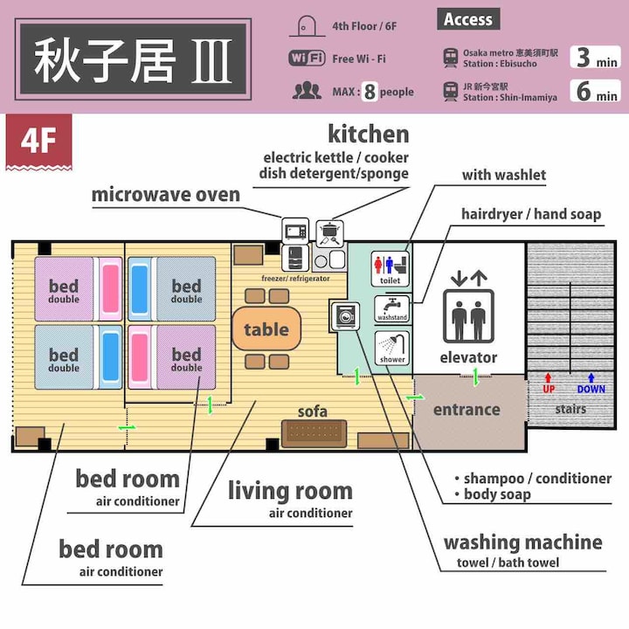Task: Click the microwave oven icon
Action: [295, 231]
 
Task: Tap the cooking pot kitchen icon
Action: [329, 233]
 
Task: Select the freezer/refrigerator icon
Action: [295, 258]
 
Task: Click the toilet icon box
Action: [390, 268]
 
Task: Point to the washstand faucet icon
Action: [391, 308]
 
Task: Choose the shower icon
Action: [392, 348]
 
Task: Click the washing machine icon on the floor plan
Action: [345, 315]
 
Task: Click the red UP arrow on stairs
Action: [549, 378]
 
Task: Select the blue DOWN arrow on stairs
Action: [591, 378]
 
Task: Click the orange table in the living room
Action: [266, 329]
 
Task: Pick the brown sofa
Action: [314, 433]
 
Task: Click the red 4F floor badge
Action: [39, 142]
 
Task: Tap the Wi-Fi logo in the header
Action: [307, 59]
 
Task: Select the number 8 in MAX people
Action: [370, 92]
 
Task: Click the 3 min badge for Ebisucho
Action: [595, 57]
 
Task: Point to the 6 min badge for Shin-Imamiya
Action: [595, 91]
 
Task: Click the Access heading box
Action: [468, 19]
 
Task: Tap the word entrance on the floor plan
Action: [467, 410]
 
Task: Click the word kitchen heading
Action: [369, 134]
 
